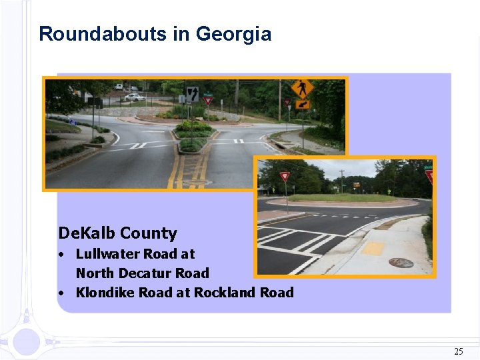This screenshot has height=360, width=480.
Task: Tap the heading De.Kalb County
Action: (x=118, y=233)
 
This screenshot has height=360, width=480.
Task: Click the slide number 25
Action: (x=458, y=351)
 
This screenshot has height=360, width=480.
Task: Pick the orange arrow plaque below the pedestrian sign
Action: (x=303, y=105)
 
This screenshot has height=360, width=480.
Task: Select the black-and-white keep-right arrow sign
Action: (x=192, y=93)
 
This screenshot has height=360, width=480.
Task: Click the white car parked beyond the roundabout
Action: (x=135, y=97)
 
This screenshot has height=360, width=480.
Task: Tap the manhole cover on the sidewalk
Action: (x=401, y=263)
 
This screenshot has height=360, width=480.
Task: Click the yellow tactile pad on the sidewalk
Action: (x=373, y=248)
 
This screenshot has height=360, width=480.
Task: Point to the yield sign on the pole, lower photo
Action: (x=285, y=177)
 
